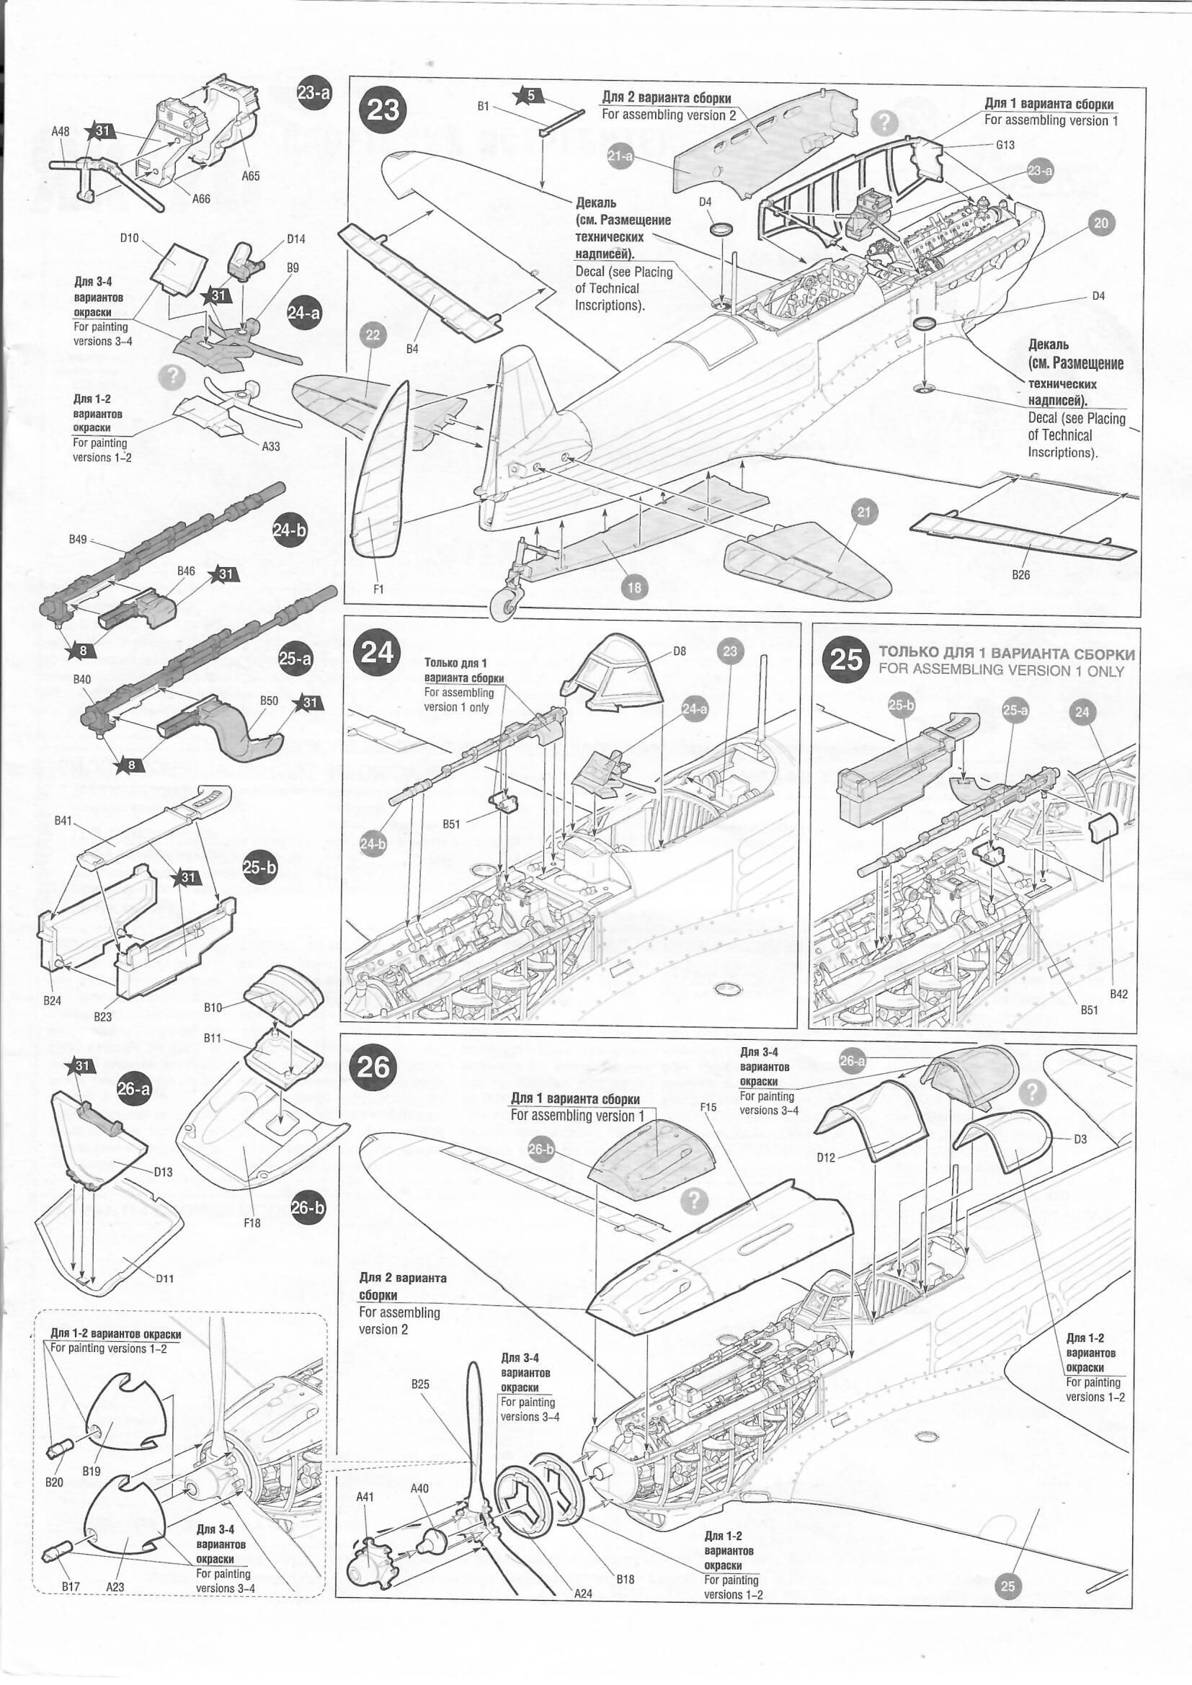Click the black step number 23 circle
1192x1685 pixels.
click(x=383, y=110)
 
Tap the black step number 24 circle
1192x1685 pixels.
click(x=377, y=652)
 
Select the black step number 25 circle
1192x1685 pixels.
click(x=846, y=658)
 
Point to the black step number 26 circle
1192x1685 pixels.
click(x=373, y=1067)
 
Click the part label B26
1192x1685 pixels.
click(x=1020, y=574)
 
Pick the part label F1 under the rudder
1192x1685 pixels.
click(x=379, y=588)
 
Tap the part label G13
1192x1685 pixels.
click(x=1005, y=145)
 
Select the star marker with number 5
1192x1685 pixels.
click(x=528, y=94)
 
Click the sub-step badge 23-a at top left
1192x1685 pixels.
click(x=314, y=93)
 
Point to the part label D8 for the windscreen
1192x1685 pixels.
click(x=680, y=651)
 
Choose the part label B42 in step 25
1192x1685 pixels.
click(x=1118, y=994)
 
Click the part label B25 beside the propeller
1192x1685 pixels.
click(x=420, y=1384)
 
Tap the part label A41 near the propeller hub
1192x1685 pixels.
click(x=365, y=1496)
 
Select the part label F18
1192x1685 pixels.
click(x=252, y=1222)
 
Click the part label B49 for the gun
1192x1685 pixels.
click(x=78, y=539)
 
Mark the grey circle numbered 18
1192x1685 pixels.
click(x=634, y=587)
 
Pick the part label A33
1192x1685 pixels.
click(x=271, y=446)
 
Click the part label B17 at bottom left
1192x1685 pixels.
click(x=71, y=1588)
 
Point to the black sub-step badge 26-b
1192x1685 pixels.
click(x=309, y=1207)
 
